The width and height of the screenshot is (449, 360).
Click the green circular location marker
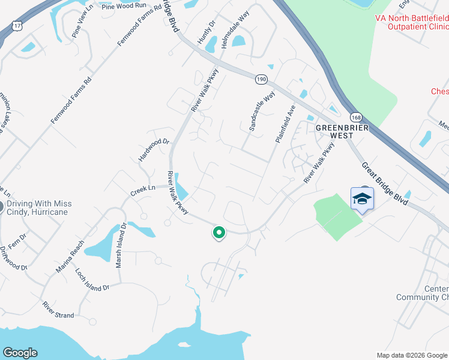pyautogui.click(x=219, y=232)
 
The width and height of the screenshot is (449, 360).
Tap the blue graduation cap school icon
pyautogui.click(x=362, y=199)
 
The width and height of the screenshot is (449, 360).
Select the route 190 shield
pyautogui.click(x=261, y=79)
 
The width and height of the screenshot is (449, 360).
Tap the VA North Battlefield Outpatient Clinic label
pyautogui.click(x=411, y=23)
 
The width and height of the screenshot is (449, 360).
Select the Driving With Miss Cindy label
pyautogui.click(x=40, y=208)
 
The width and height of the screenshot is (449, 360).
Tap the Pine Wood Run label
pyautogui.click(x=124, y=6)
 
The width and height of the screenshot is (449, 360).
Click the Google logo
pyautogui.click(x=20, y=353)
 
